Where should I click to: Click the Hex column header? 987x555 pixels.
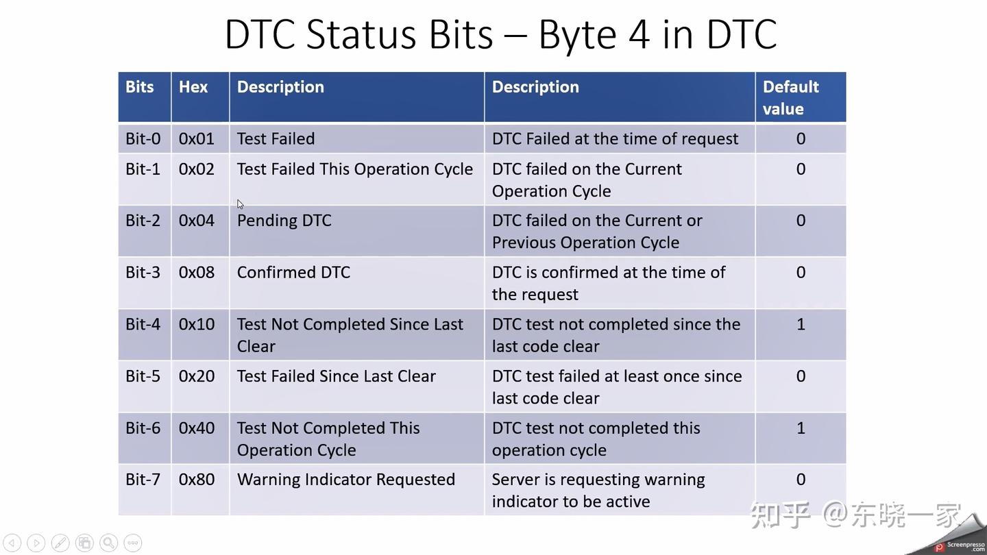[193, 87]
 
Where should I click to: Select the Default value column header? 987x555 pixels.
[790, 97]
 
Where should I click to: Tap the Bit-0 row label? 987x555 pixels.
[143, 138]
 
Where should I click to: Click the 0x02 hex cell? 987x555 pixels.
[196, 169]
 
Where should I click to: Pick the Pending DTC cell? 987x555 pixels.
[284, 221]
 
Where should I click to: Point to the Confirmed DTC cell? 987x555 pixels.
[293, 273]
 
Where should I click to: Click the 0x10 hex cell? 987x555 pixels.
[196, 324]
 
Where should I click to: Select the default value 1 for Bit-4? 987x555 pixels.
[800, 324]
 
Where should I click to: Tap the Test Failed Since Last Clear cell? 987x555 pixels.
[336, 376]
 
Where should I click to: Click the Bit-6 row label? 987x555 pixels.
[143, 428]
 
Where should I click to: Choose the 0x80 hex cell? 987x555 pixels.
[196, 480]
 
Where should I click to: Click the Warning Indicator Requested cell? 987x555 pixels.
[345, 480]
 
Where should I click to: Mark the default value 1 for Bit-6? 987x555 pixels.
[800, 428]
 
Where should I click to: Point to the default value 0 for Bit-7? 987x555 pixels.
[800, 480]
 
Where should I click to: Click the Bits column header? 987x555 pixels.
[139, 87]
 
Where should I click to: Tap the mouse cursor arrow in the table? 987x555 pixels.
[241, 204]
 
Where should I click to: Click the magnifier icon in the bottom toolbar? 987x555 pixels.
[108, 543]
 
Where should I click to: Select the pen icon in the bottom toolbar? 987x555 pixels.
[60, 543]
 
